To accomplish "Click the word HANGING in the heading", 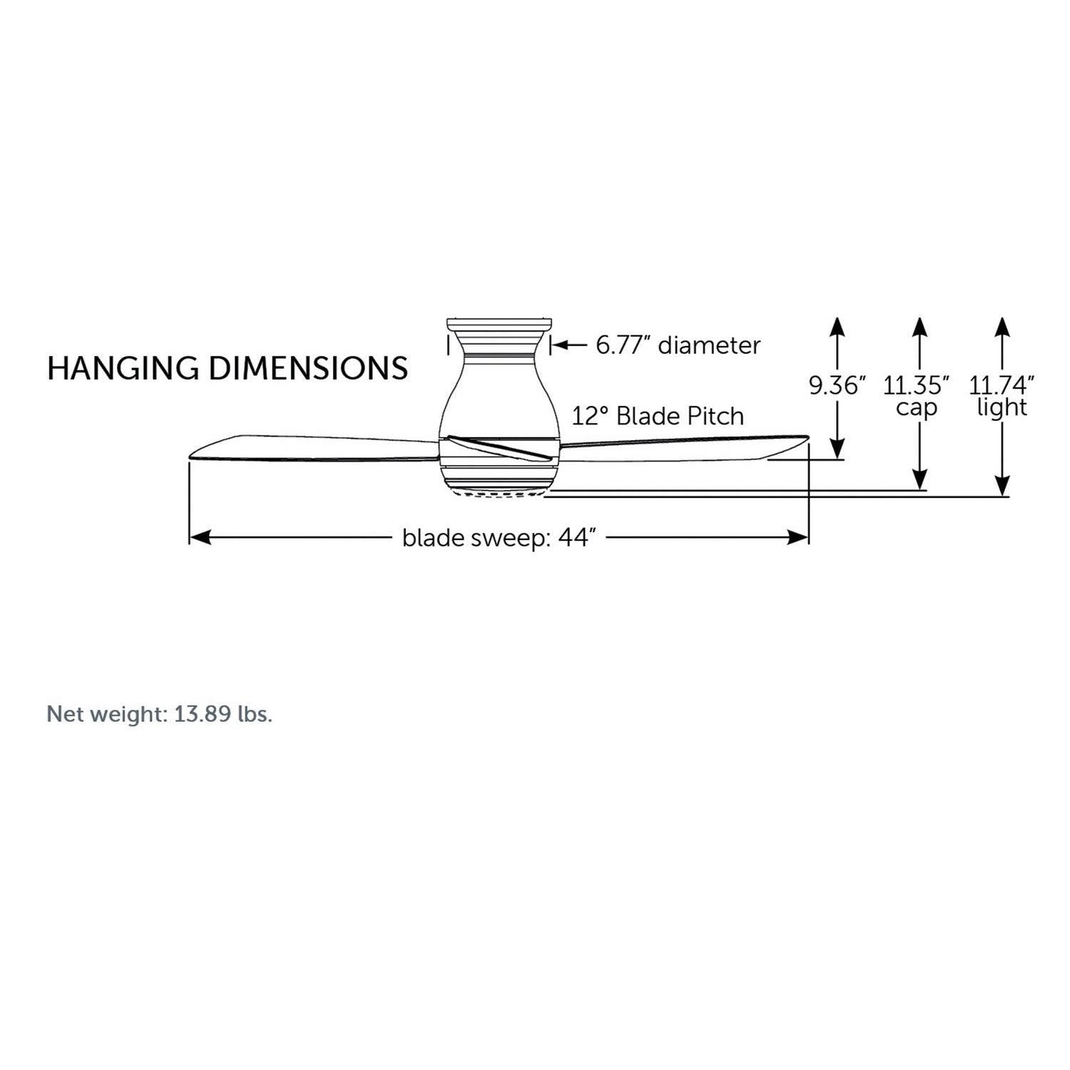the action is click(123, 368).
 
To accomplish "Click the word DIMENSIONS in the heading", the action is click(309, 368).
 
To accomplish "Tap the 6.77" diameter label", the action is click(678, 345).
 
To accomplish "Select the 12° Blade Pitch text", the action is click(658, 416).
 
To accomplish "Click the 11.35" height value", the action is click(917, 386).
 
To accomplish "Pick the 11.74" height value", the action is click(1002, 386).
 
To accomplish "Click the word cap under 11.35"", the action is click(916, 409).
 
